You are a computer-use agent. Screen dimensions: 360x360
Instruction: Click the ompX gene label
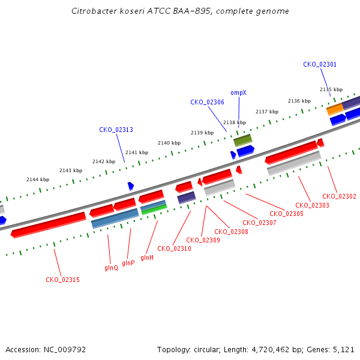[238, 93]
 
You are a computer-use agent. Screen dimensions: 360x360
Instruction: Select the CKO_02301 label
[320, 64]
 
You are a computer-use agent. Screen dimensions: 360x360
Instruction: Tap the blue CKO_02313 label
[116, 130]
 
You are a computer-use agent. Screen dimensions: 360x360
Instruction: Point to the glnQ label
[111, 268]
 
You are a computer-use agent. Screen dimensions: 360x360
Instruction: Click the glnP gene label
[128, 263]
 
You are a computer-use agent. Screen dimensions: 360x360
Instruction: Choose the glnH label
[147, 257]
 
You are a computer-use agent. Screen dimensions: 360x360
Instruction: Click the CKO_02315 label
[62, 280]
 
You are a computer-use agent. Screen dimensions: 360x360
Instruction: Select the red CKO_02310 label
[174, 248]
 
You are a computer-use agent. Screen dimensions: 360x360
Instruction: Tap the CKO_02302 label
[340, 196]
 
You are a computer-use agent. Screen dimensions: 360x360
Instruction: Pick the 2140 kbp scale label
[169, 143]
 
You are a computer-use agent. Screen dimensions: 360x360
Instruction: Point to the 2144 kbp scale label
[38, 179]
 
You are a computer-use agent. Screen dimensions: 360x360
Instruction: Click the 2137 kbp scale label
[267, 112]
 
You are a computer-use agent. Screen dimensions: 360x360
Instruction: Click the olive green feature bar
[243, 140]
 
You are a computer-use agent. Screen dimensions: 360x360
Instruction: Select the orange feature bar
[335, 109]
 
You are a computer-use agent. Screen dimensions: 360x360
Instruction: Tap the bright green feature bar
[154, 209]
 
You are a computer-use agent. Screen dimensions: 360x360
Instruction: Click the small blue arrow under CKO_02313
[131, 186]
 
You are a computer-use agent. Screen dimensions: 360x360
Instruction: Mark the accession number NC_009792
[65, 350]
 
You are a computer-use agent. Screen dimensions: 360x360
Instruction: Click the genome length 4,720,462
[271, 350]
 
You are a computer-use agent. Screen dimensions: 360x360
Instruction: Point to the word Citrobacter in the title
[94, 11]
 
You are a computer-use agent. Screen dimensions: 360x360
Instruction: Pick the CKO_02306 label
[208, 102]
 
